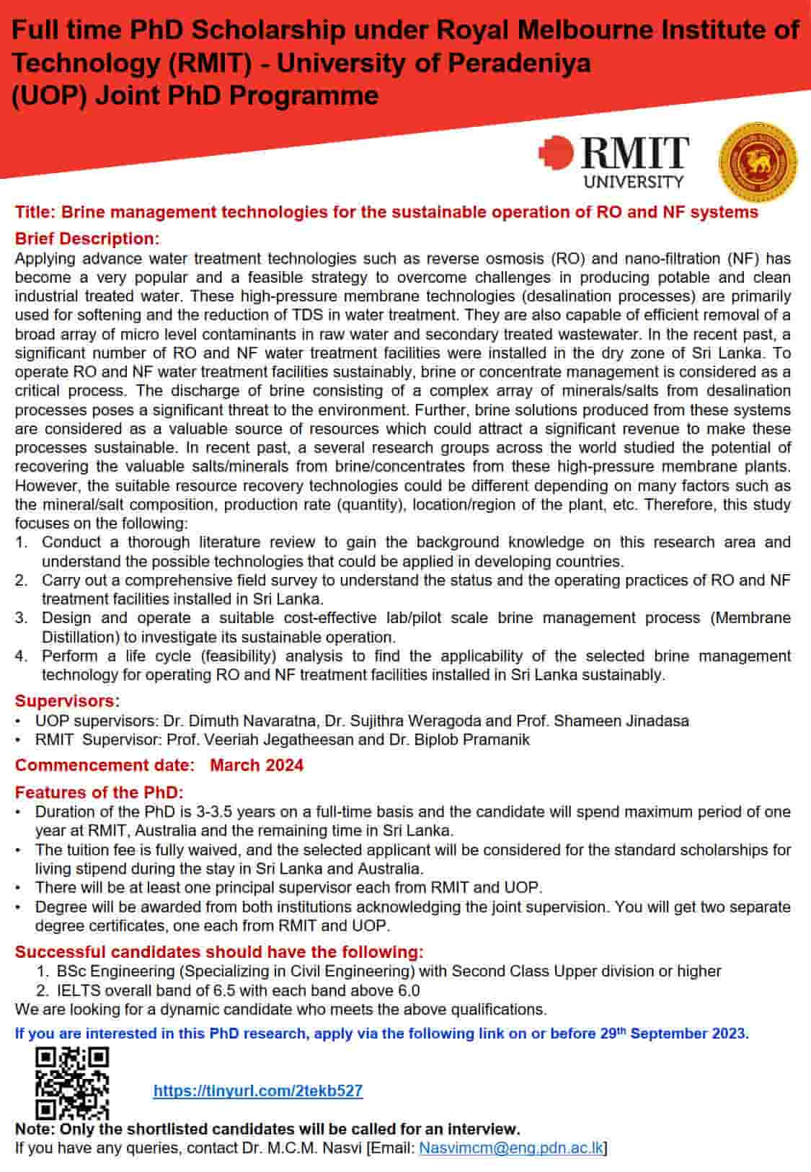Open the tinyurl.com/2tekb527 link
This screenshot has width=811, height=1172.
point(258,1091)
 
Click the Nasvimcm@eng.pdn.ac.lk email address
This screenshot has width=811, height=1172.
point(511,1147)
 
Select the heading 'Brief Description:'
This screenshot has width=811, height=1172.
point(87,239)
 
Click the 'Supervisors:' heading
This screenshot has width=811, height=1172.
point(67,701)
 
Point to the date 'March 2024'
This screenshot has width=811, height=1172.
point(257,765)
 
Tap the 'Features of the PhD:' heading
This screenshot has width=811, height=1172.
point(99,792)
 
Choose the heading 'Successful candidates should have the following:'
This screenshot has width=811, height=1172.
point(219,952)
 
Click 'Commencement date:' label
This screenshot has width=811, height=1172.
point(105,765)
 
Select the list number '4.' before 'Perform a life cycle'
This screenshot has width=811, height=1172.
point(22,656)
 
